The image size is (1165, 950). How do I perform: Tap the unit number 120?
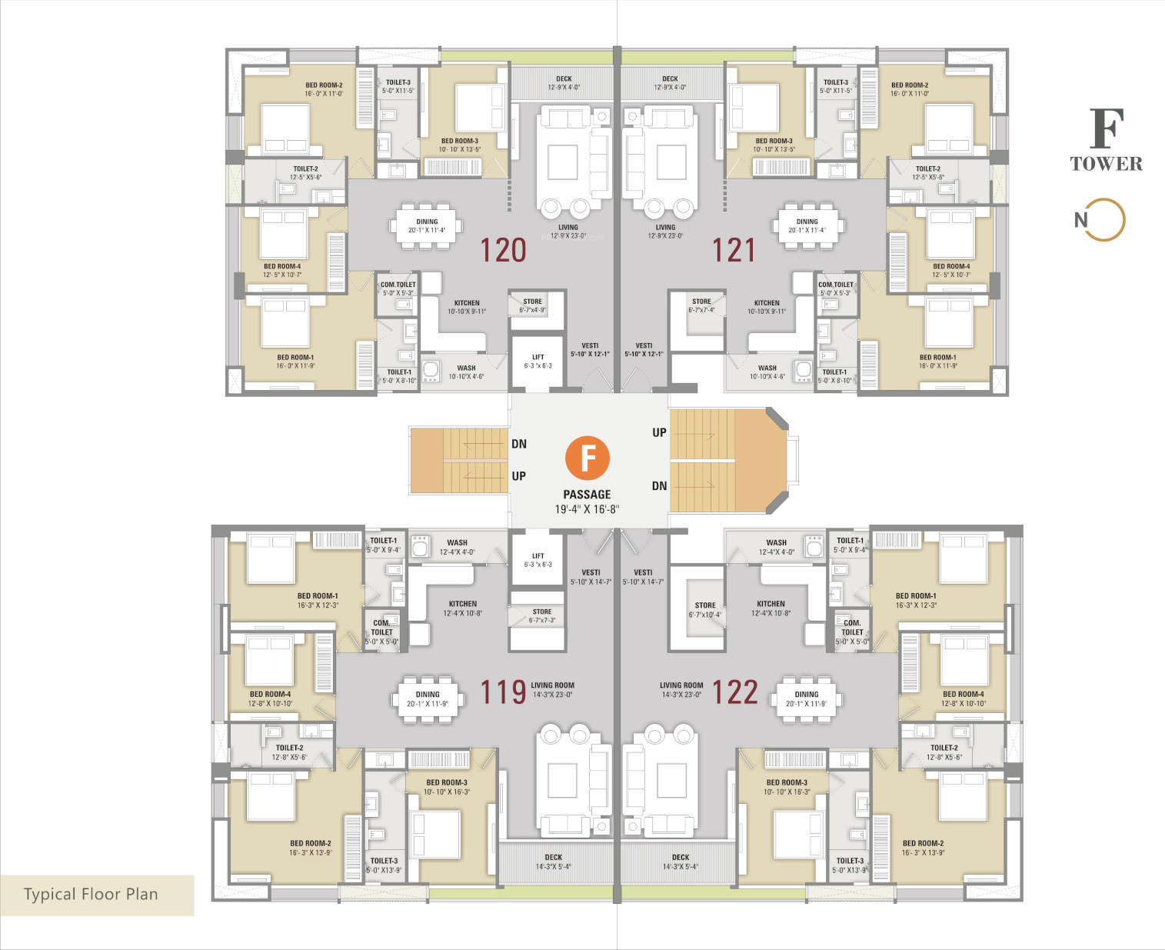[503, 250]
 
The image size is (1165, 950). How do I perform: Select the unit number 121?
[734, 250]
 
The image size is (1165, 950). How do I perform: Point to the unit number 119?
[503, 692]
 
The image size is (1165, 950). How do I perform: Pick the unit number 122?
[735, 692]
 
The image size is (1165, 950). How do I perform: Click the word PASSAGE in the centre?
[587, 495]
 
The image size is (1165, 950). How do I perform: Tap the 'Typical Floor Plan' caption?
[91, 894]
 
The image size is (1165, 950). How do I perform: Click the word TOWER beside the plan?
[1106, 163]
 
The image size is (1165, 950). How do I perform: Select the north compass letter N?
[1080, 220]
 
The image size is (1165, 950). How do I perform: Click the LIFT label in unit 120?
[538, 357]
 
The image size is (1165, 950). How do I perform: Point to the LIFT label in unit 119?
[538, 556]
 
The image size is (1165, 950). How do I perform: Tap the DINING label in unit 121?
[807, 222]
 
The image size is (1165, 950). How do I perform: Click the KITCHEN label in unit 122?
[771, 604]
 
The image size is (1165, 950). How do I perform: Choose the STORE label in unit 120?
[532, 302]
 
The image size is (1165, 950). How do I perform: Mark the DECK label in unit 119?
[554, 857]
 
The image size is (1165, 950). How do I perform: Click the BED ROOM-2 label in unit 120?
[324, 85]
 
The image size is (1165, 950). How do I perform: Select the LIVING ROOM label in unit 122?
[681, 685]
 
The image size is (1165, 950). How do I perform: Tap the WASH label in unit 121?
[767, 368]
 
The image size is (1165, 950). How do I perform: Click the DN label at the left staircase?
[519, 444]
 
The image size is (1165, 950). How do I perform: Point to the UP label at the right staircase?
[659, 432]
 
